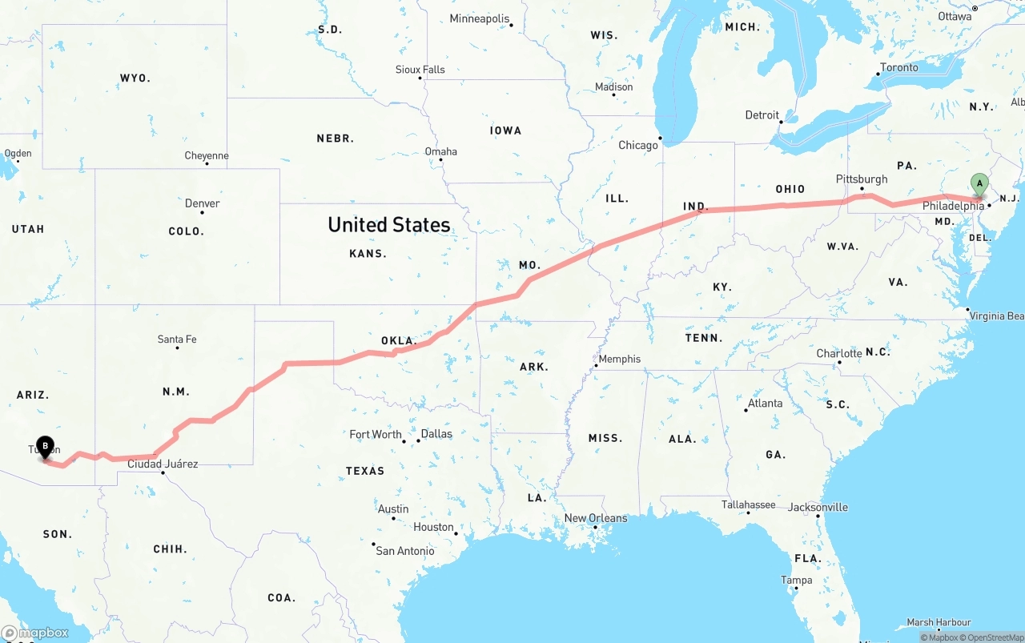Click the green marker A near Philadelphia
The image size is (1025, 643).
click(979, 184)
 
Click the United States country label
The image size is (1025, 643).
click(389, 225)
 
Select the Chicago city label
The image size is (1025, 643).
click(637, 145)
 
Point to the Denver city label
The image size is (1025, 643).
click(202, 203)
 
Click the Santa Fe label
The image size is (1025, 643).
click(177, 340)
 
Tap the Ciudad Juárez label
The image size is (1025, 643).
click(163, 464)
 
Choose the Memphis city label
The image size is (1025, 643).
click(620, 359)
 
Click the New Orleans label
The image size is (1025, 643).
click(596, 518)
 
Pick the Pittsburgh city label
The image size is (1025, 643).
click(862, 179)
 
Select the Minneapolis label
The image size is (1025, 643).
click(479, 18)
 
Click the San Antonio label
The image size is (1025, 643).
click(405, 551)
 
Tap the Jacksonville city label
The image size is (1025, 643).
click(818, 507)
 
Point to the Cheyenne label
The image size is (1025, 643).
click(207, 155)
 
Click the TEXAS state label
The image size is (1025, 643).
click(365, 471)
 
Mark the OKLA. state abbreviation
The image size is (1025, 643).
click(398, 341)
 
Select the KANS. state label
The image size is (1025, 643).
click(368, 253)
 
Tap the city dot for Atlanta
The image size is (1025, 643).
click(746, 410)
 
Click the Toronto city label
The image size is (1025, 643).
click(899, 67)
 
